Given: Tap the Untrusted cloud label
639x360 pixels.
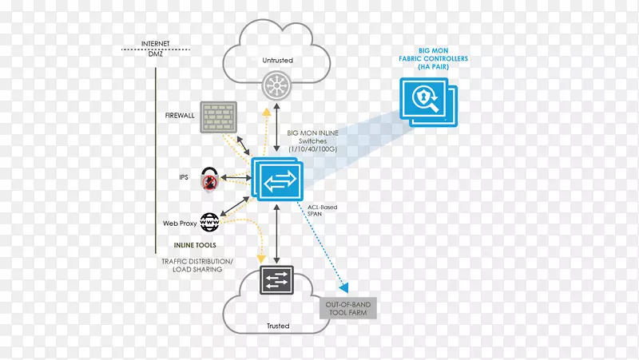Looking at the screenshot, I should pos(277,60).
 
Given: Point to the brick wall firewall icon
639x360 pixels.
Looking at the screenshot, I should pos(218,117).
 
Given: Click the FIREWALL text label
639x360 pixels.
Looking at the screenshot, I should pos(179,116).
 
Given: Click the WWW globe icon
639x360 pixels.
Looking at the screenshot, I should pos(211,220).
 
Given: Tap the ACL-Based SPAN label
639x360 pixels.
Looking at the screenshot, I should pos(323,212).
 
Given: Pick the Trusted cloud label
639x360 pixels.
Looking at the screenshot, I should pos(277,326).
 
